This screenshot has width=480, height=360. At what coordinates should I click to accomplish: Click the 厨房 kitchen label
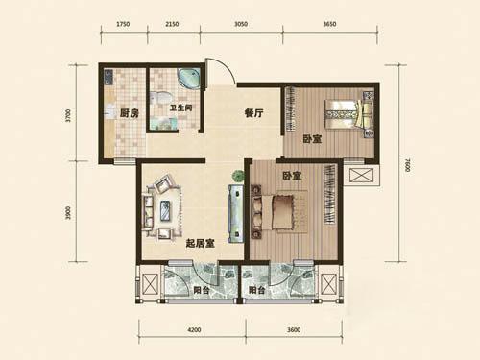(130, 113)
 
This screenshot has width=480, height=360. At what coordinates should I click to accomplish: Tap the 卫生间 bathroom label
(181, 108)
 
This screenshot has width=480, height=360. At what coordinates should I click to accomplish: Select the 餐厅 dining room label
(254, 113)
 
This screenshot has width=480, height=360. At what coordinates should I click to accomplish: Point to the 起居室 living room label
(201, 244)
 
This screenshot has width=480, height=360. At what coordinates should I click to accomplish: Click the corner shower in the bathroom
(189, 79)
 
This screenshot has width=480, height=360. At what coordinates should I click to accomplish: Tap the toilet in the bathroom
(160, 97)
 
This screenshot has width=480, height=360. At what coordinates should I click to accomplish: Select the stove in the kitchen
(108, 77)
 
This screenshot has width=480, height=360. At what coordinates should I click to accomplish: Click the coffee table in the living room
(165, 210)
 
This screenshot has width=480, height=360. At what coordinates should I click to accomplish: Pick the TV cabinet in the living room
(236, 214)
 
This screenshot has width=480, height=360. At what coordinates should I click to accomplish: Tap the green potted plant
(238, 176)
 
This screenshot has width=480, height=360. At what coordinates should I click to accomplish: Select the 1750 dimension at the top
(123, 24)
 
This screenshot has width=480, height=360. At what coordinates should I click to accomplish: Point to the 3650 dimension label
(329, 24)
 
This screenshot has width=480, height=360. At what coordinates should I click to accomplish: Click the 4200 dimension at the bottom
(194, 330)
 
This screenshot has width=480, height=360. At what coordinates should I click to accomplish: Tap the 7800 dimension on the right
(407, 165)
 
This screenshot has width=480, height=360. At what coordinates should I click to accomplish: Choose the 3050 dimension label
(241, 24)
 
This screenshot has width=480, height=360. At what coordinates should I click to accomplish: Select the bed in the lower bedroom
(277, 212)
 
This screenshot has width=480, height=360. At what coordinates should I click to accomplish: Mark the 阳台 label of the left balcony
(202, 290)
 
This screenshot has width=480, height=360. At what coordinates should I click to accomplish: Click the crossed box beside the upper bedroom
(360, 175)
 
